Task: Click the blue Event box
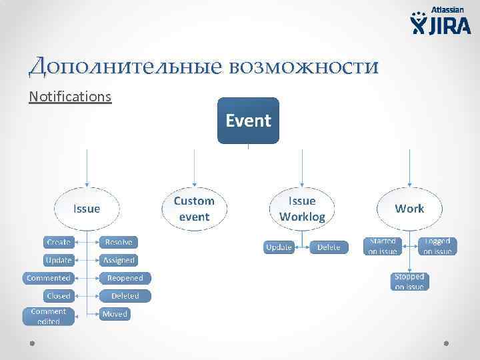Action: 248,121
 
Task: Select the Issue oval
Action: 87,209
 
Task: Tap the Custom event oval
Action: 194,209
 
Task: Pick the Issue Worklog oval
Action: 302,208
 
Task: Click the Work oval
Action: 409,209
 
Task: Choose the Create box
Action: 59,242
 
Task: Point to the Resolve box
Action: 119,242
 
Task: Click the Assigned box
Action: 119,260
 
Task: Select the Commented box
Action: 48,278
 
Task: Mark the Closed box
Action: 59,295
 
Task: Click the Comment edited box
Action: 48,316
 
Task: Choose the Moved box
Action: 115,314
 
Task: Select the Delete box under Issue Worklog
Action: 328,247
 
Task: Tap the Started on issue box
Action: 383,246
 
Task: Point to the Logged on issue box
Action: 437,246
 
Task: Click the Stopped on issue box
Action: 409,281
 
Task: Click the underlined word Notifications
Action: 70,97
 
